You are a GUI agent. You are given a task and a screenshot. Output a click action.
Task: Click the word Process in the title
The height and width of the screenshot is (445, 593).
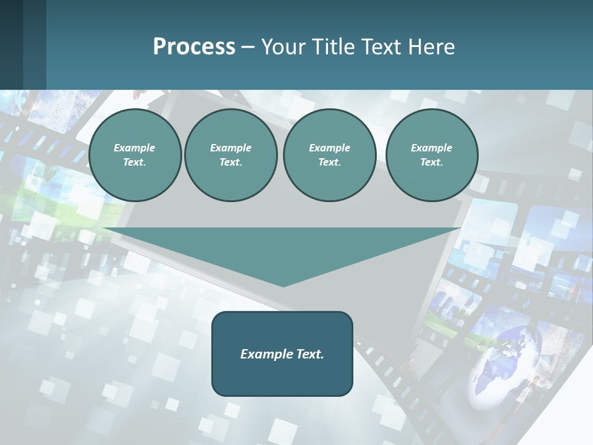point(194,47)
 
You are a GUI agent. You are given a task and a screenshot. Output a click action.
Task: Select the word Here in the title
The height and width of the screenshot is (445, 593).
point(431,47)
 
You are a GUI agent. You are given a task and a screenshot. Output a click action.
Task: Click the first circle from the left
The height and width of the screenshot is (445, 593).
point(135,155)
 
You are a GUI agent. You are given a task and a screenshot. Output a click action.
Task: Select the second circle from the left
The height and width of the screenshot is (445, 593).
point(231,155)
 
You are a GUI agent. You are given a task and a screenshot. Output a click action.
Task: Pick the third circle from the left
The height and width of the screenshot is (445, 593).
point(329,155)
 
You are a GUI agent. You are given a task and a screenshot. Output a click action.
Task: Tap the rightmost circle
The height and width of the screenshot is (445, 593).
point(432,155)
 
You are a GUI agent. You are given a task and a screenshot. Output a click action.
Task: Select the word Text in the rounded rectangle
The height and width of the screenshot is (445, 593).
point(309,354)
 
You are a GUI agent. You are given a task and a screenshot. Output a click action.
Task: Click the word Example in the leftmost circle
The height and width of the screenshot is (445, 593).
point(135,148)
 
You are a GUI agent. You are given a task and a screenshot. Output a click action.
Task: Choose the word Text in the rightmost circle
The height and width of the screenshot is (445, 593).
point(431,163)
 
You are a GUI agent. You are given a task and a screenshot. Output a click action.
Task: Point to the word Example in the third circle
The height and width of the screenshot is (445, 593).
point(329,148)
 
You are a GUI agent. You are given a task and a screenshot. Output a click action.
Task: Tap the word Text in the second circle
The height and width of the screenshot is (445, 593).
point(230,163)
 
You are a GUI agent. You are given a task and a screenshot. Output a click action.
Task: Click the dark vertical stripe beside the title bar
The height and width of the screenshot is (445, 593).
point(35,44)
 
